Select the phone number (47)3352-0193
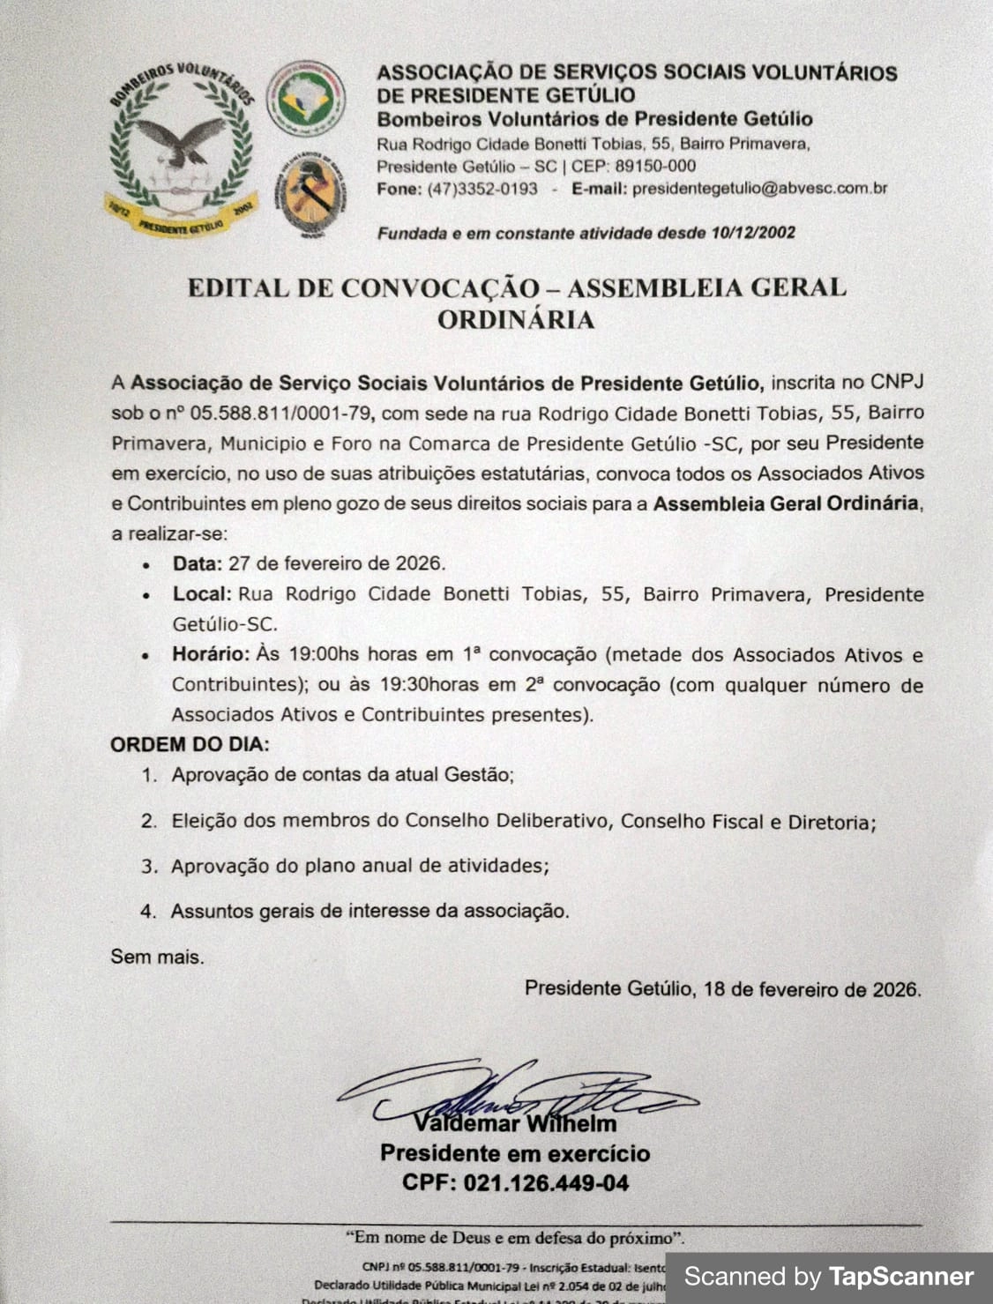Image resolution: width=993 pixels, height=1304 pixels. click(482, 189)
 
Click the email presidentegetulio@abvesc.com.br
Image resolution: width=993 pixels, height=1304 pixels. click(759, 189)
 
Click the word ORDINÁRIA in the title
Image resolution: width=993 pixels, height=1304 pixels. click(516, 319)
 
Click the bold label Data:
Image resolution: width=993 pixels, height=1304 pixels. click(198, 563)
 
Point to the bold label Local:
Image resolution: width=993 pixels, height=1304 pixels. click(202, 594)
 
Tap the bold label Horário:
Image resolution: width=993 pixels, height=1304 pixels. click(211, 655)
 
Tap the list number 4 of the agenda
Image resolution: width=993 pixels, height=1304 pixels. click(147, 911)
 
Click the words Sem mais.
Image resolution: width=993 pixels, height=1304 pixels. click(156, 956)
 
